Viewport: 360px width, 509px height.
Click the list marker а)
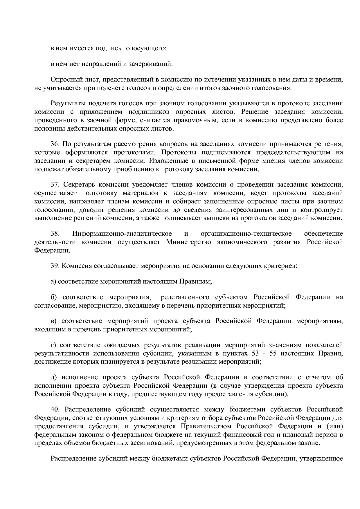pyautogui.click(x=53, y=281)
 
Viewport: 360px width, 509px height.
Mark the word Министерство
pyautogui.click(x=189, y=242)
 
